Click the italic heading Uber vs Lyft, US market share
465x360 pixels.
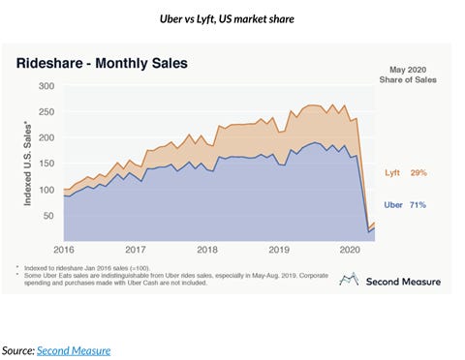coord(232,17)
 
